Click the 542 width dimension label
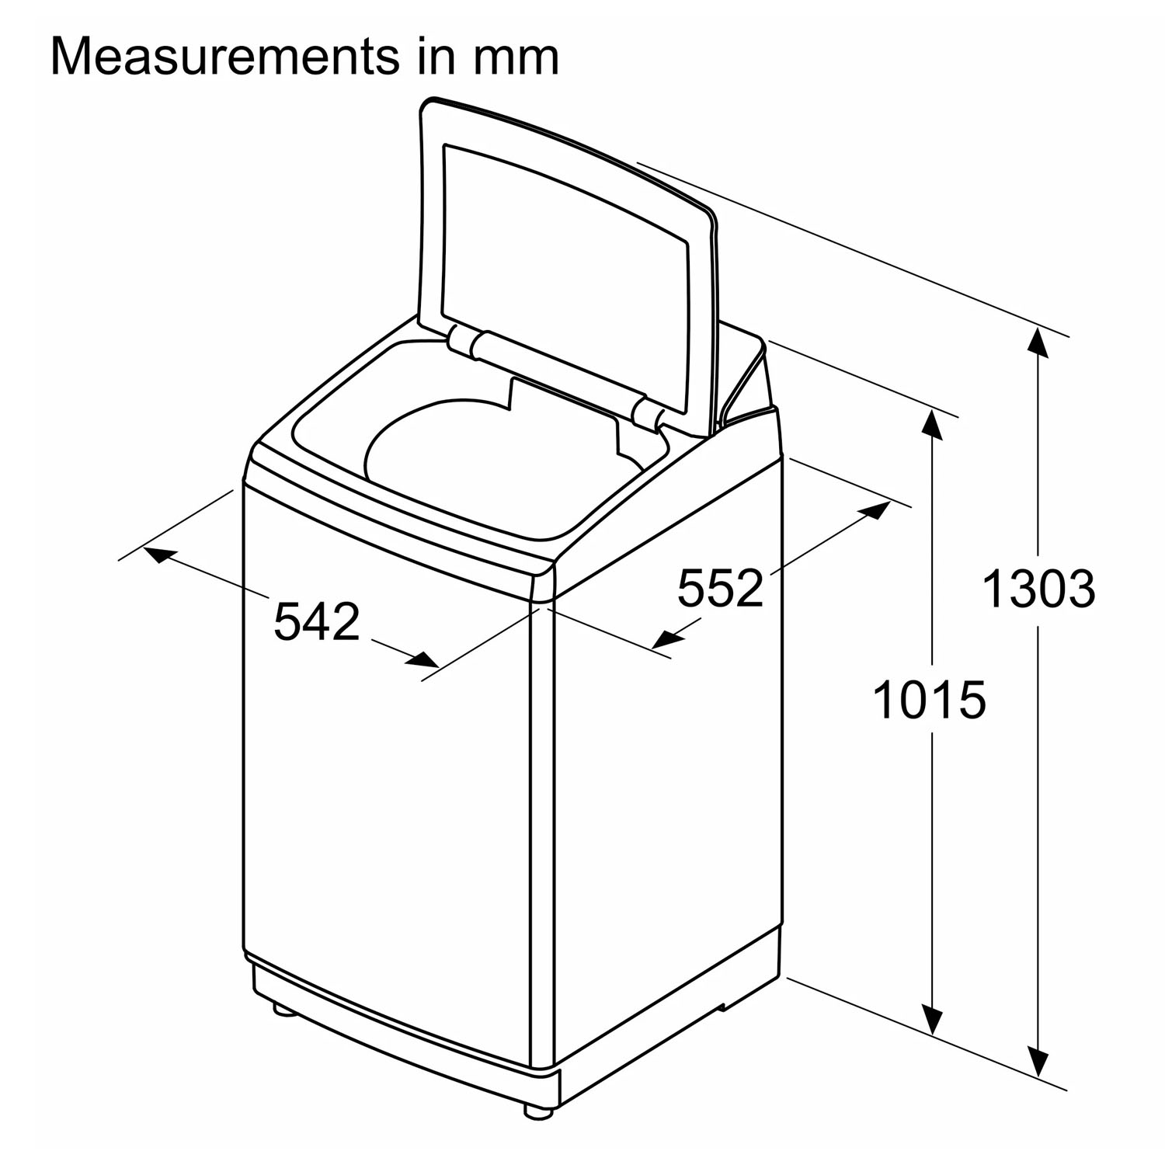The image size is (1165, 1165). tap(317, 621)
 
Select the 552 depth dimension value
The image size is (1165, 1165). tap(721, 587)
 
